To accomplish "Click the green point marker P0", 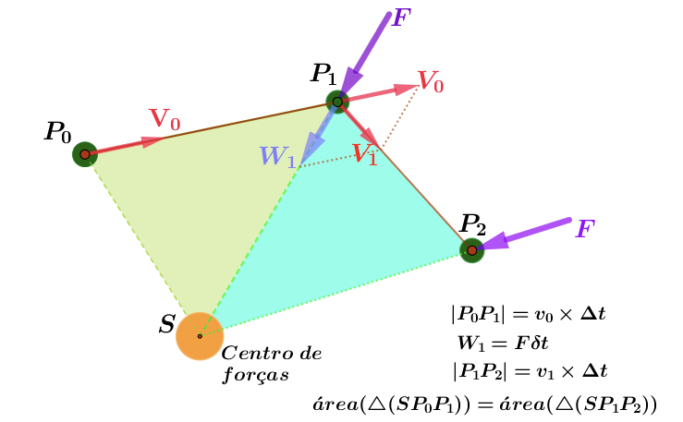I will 85,154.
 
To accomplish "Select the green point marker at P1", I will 337,101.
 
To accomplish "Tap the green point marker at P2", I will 472,250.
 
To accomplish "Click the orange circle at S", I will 200,335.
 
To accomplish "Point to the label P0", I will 57,132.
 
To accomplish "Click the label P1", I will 324,74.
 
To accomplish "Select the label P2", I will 473,224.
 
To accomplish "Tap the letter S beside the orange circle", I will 167,324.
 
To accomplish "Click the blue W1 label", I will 276,157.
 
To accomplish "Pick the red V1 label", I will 364,154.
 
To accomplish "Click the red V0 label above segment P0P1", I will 165,119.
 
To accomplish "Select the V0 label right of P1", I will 431,81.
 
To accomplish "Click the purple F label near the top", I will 400,18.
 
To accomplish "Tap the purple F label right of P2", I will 585,229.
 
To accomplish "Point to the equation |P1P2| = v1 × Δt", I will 529,371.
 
